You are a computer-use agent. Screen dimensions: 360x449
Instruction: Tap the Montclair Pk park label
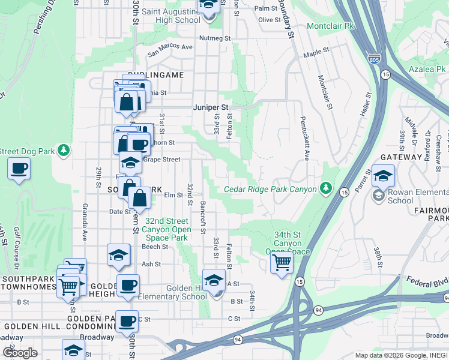[330, 26]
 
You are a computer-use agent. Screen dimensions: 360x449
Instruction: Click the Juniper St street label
[211, 107]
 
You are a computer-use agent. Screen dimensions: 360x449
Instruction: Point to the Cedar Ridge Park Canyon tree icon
[326, 189]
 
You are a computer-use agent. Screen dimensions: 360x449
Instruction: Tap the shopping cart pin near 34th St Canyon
[281, 262]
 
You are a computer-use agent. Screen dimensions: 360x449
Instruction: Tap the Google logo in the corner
[20, 353]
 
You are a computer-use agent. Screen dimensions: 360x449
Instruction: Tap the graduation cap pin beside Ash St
[118, 255]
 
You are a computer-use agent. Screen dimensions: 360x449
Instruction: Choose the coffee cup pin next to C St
[126, 321]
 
